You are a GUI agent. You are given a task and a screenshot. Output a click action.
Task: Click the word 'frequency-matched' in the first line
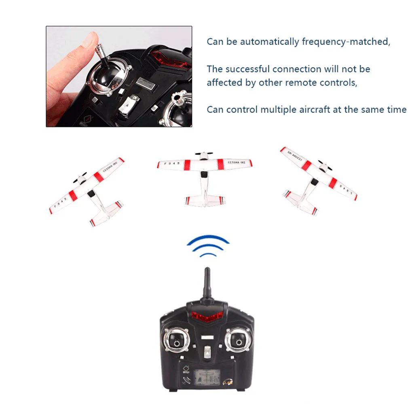[346, 42]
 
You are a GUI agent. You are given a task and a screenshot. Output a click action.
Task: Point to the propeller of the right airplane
[325, 167]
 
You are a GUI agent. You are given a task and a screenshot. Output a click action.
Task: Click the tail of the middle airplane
[205, 200]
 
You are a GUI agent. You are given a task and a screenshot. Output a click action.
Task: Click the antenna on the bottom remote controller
[207, 283]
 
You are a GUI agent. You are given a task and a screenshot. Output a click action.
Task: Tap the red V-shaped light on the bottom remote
[207, 317]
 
